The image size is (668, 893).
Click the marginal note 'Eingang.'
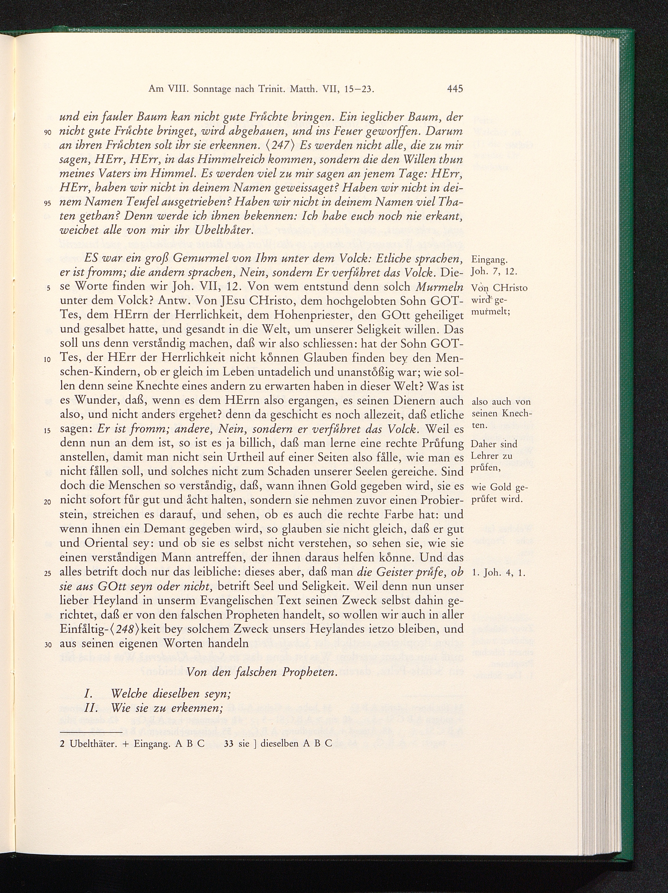(487, 259)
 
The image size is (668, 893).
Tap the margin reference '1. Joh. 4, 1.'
(498, 573)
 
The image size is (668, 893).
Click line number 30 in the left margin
(48, 645)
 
